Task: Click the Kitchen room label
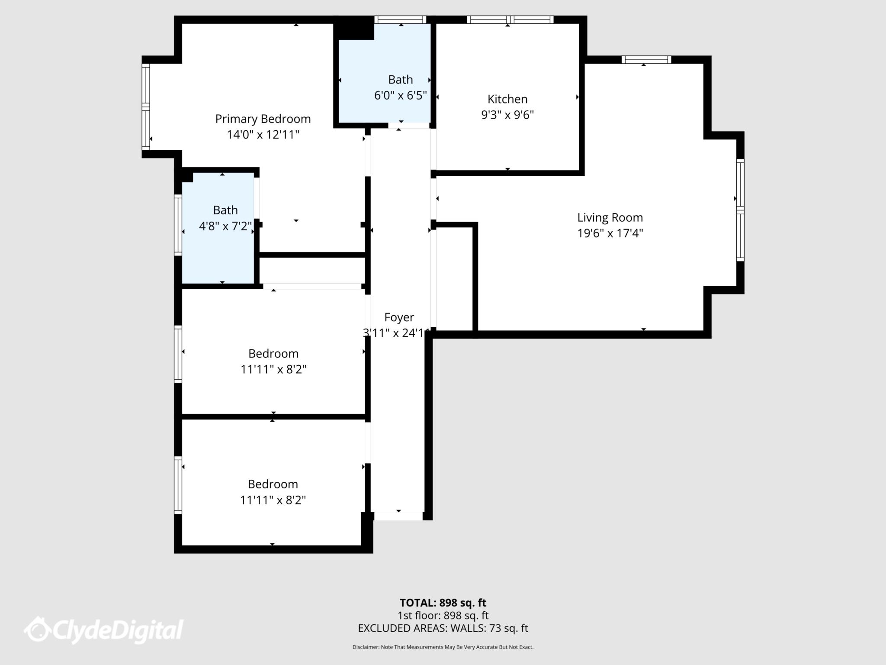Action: coord(507,99)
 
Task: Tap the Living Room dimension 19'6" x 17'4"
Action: coord(610,233)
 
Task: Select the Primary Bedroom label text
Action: coord(263,119)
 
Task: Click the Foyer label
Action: coord(399,317)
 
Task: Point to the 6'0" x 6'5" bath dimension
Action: coord(400,95)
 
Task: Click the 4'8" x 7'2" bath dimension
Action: coord(225,226)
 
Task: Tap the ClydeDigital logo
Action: coord(104,630)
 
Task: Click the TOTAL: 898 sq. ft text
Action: coord(443,603)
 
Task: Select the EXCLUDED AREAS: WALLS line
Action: coord(443,628)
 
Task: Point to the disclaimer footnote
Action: coord(443,647)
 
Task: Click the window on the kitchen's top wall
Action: coord(510,19)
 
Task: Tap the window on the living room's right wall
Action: coord(740,210)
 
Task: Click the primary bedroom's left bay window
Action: coord(146,107)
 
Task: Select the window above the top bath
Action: coord(400,19)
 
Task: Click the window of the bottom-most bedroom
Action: coord(178,485)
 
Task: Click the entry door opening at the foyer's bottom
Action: coord(398,516)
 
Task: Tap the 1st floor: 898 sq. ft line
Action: coord(443,615)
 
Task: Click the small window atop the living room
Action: coord(646,60)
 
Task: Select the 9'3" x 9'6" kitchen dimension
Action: coord(507,115)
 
